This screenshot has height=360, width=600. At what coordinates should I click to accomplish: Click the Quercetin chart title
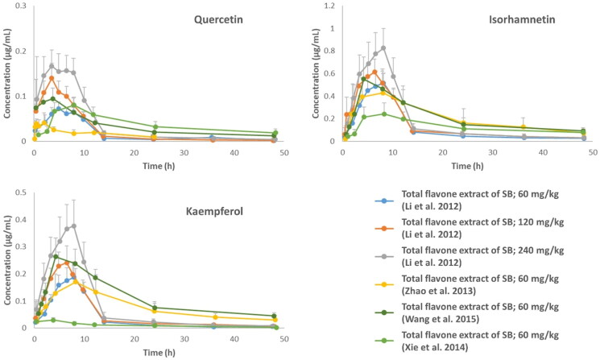pyautogui.click(x=233, y=22)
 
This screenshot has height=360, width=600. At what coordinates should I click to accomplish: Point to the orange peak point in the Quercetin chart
pyautogui.click(x=52, y=78)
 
